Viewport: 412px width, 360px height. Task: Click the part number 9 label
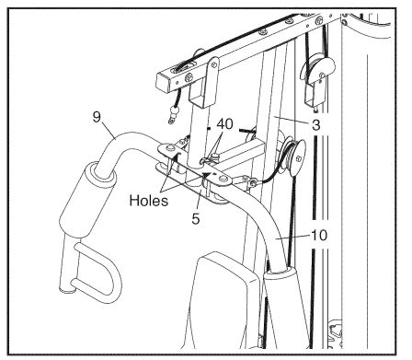pos(97,117)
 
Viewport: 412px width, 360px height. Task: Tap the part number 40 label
pos(224,124)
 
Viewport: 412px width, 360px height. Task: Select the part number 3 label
pos(315,125)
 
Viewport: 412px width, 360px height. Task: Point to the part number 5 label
pos(196,218)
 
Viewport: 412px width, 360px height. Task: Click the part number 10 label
pos(319,236)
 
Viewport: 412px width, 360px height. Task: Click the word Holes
pos(149,201)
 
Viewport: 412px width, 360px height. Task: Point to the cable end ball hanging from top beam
pos(174,112)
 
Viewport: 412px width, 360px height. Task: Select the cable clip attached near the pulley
pos(251,181)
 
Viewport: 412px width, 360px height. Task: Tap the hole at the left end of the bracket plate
pos(167,148)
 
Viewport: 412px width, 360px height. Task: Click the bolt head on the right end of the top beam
pos(319,21)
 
